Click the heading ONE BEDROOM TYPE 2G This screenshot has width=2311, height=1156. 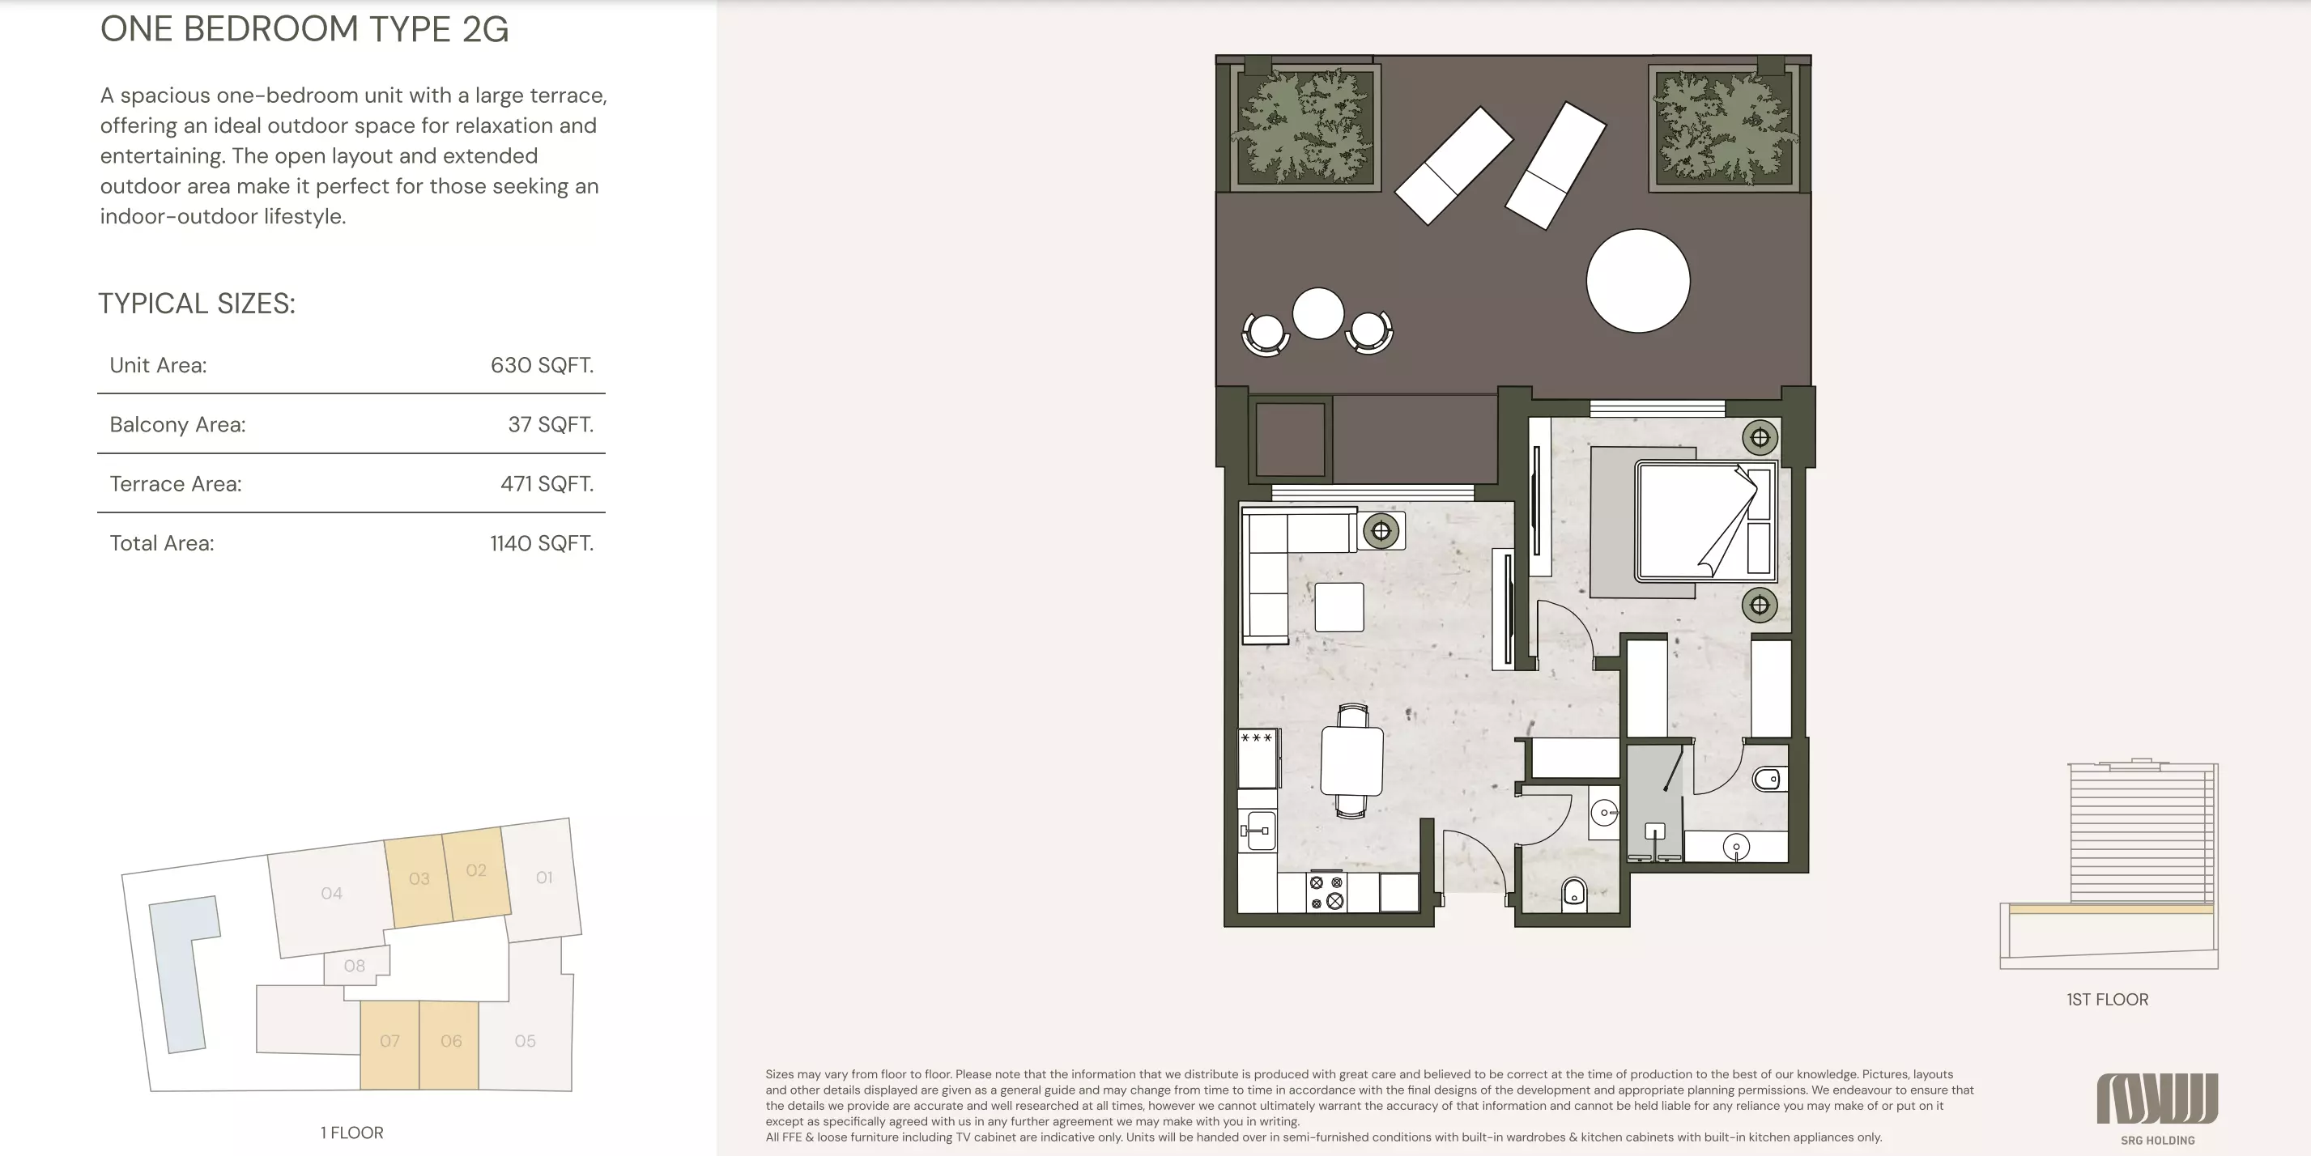(304, 30)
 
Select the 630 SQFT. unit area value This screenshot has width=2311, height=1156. (542, 365)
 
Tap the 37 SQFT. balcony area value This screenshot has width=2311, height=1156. (551, 424)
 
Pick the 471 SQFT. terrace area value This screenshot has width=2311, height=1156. (547, 483)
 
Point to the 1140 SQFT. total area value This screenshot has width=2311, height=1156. (542, 542)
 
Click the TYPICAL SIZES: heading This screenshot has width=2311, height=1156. (197, 303)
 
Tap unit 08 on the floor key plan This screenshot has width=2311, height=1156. (355, 966)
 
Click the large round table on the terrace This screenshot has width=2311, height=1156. (1637, 281)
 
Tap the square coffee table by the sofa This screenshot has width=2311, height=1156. (1339, 607)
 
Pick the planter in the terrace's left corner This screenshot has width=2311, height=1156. (1304, 126)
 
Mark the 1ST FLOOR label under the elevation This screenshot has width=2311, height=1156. (2108, 999)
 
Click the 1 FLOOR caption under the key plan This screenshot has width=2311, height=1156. (351, 1133)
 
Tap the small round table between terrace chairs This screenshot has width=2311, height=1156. (1318, 313)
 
